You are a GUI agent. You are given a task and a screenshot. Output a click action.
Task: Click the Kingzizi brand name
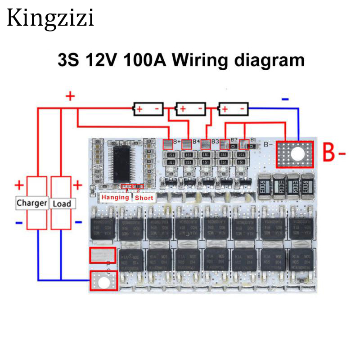click(50, 18)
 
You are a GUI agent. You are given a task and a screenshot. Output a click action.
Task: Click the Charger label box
click(31, 203)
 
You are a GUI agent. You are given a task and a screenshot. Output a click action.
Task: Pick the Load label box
click(62, 203)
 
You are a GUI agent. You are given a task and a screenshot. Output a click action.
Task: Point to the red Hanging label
click(115, 198)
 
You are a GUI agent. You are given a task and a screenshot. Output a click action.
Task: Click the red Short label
click(144, 198)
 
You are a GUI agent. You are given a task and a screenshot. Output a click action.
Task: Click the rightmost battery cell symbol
click(233, 109)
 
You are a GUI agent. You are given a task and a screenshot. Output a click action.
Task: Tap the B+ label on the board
click(176, 141)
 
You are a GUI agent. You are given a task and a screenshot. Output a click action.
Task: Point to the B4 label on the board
click(196, 141)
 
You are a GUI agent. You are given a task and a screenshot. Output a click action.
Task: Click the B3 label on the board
click(215, 141)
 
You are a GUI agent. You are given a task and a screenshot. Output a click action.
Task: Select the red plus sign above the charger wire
click(70, 96)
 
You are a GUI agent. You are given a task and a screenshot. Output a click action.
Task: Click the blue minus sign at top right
click(285, 99)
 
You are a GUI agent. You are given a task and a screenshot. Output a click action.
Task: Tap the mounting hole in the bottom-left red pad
click(104, 282)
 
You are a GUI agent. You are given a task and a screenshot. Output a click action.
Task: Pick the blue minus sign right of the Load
click(78, 222)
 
